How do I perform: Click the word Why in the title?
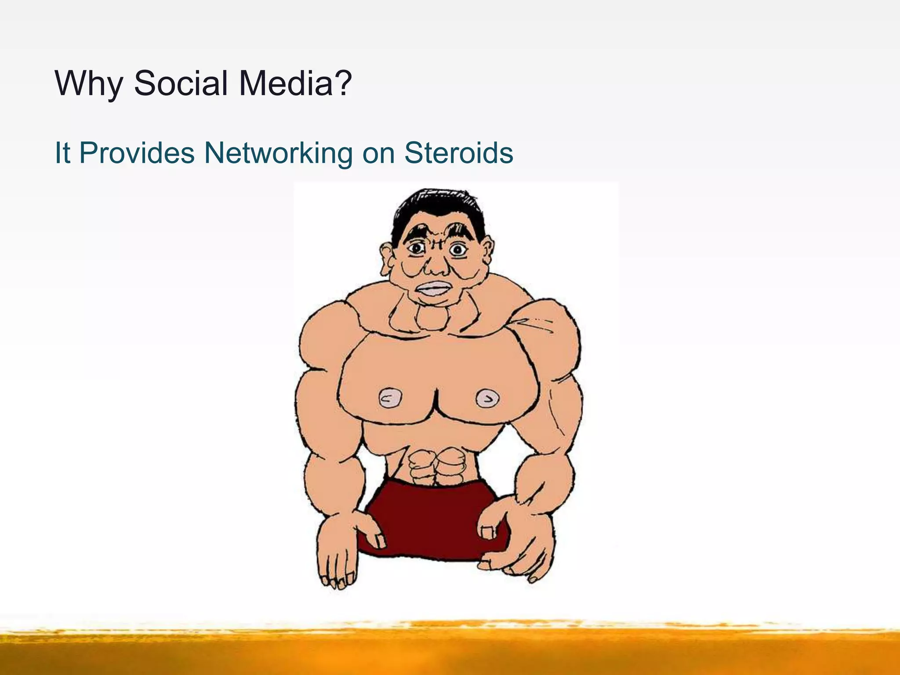(x=88, y=83)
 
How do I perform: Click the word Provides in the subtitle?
(x=137, y=153)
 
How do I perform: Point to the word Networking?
(x=278, y=153)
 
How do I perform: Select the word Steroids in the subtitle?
(x=458, y=153)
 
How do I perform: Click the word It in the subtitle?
(x=62, y=153)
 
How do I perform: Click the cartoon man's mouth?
(x=432, y=289)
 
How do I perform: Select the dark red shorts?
(x=433, y=523)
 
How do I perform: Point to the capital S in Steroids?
(x=414, y=152)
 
